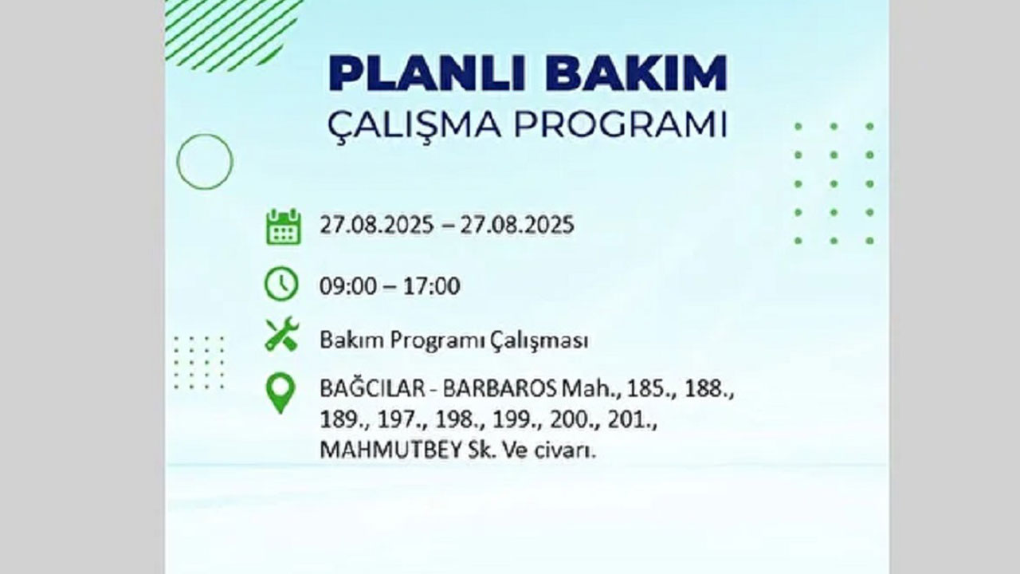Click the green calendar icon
point(283,226)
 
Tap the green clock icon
point(281,285)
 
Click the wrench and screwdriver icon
point(281,334)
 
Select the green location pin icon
point(280,394)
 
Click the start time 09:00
point(348,286)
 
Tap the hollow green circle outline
point(205,162)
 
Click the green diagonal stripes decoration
point(231,32)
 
